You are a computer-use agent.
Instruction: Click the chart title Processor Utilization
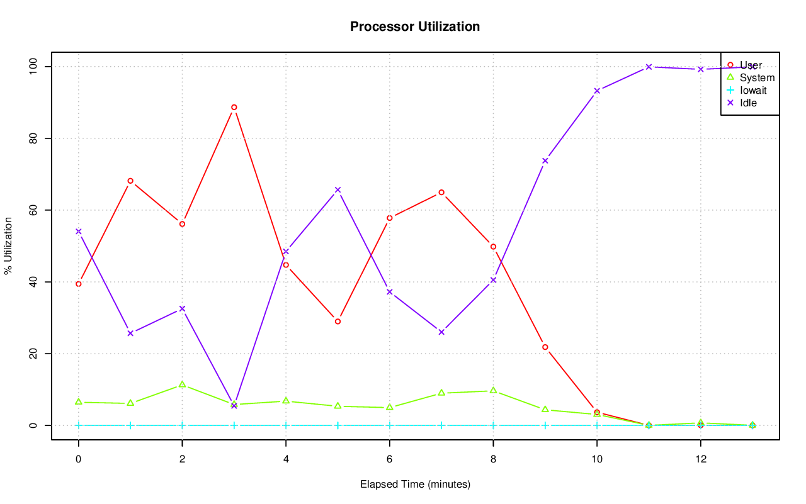[415, 26]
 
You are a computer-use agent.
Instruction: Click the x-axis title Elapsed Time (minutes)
[415, 484]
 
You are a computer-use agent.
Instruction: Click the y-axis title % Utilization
[8, 245]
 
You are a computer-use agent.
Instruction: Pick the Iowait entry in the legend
[753, 90]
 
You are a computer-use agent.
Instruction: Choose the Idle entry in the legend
[748, 103]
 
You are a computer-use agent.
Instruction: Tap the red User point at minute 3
[234, 107]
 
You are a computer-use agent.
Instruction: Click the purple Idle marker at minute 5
[338, 189]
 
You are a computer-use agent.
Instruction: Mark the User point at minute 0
[79, 284]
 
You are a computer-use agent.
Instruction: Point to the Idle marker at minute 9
[545, 160]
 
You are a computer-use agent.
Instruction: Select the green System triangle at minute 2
[182, 384]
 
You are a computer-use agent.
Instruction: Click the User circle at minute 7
[441, 192]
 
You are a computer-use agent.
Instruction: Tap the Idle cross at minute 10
[597, 91]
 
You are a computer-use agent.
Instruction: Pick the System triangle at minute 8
[493, 390]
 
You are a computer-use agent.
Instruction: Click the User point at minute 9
[545, 347]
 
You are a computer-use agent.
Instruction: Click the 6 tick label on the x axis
[390, 459]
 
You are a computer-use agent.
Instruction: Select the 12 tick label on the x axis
[700, 459]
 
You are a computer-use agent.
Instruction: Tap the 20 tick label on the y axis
[33, 354]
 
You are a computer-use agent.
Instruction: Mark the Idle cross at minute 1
[130, 333]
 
